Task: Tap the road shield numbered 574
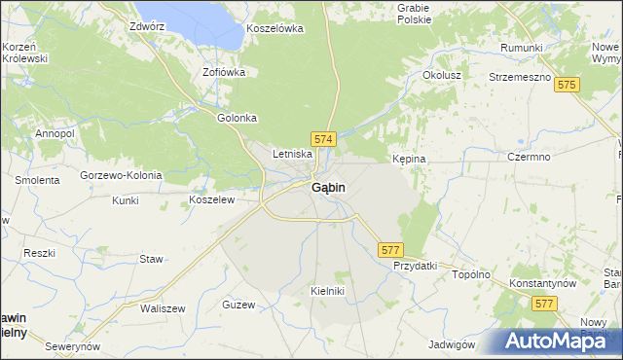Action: click(x=324, y=140)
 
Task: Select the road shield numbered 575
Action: click(x=568, y=86)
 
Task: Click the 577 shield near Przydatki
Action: click(x=390, y=250)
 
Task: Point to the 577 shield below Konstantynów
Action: click(x=545, y=305)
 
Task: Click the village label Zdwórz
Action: click(x=147, y=26)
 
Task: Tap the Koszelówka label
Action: click(x=275, y=28)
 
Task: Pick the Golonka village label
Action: click(x=237, y=118)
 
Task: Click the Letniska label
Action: click(x=292, y=154)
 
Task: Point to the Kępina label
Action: click(x=409, y=158)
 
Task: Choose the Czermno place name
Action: click(x=529, y=157)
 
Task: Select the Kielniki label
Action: click(x=328, y=291)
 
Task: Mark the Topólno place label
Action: click(x=471, y=274)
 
